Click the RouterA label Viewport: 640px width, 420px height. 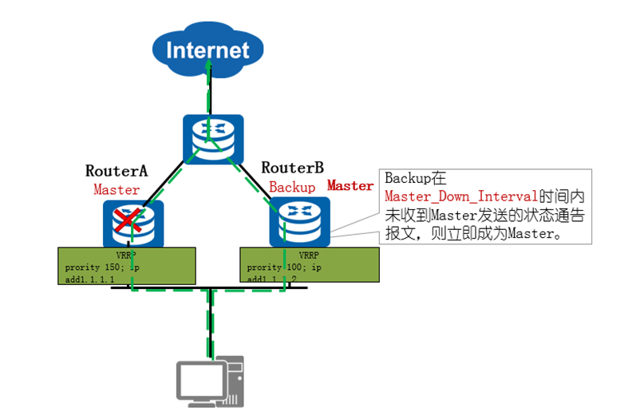point(117,170)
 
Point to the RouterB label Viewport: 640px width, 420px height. point(293,168)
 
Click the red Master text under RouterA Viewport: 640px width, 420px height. point(117,190)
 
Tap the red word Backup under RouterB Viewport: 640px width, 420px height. point(292,187)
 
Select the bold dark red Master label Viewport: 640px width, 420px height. point(350,185)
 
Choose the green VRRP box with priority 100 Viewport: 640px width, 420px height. point(310,264)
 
